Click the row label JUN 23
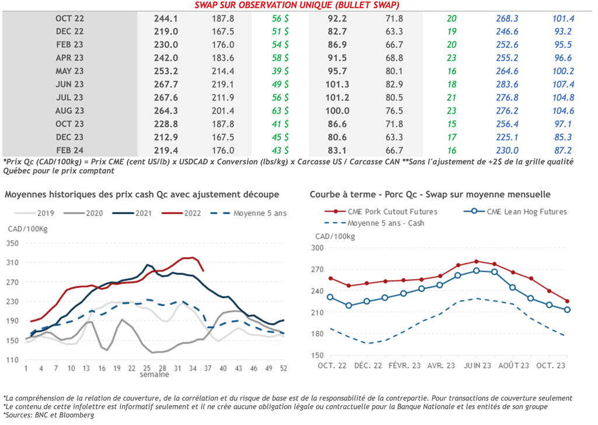pyautogui.click(x=69, y=84)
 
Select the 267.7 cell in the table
pyautogui.click(x=165, y=84)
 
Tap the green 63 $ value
pyautogui.click(x=280, y=110)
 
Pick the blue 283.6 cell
pyautogui.click(x=506, y=84)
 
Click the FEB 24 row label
pyautogui.click(x=69, y=150)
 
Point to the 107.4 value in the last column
pyautogui.click(x=564, y=84)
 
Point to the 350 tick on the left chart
pyautogui.click(x=13, y=243)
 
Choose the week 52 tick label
pyautogui.click(x=283, y=368)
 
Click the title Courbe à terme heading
pyautogui.click(x=430, y=194)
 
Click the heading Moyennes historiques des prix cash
pyautogui.click(x=142, y=194)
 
